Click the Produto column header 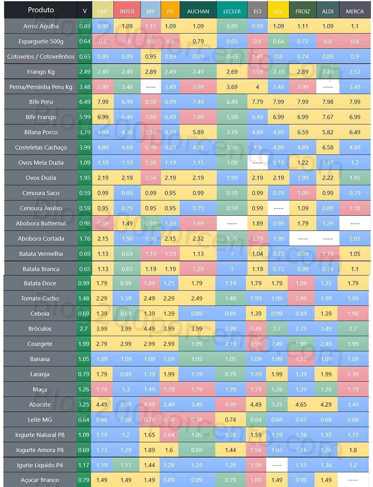point(41,10)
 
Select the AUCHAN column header point(198,11)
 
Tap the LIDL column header point(278,11)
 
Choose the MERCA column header point(355,11)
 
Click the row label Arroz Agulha point(41,26)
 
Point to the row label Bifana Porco point(41,132)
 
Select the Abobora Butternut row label point(41,224)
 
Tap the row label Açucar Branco point(40,480)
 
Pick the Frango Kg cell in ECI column point(257,72)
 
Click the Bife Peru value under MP point(151,102)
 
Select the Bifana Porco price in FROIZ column point(303,132)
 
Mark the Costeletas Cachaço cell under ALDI point(328,148)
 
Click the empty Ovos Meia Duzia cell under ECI point(257,163)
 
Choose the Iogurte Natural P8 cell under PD point(169,435)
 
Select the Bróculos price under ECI point(256,329)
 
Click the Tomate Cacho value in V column point(84,299)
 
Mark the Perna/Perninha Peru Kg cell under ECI point(257,87)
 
